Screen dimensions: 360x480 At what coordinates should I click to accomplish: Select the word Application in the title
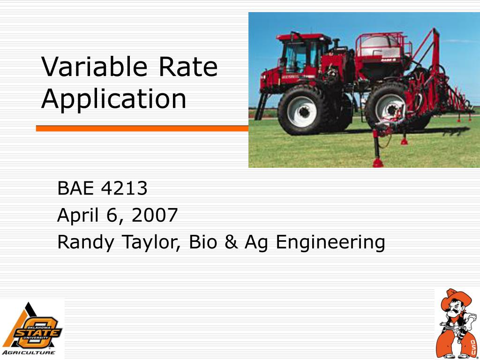tap(113, 99)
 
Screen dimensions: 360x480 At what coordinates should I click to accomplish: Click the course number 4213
tap(124, 188)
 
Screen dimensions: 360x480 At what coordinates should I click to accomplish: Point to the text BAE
tap(75, 188)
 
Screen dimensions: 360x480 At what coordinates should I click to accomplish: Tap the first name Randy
tap(86, 243)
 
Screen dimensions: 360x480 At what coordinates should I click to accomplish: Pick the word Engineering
tap(330, 243)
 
